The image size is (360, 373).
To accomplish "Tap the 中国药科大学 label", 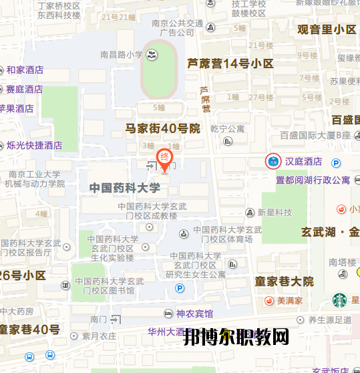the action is click(x=125, y=189).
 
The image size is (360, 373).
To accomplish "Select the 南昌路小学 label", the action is click(x=121, y=55).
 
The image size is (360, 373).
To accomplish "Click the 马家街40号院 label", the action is click(x=163, y=128).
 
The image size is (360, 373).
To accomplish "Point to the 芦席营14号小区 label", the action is click(x=230, y=64).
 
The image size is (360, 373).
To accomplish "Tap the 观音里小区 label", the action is click(x=327, y=29).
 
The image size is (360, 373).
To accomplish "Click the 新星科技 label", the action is click(x=275, y=213).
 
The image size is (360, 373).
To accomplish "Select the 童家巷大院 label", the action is click(x=284, y=281).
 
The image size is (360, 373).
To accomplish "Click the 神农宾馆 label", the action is click(x=194, y=313).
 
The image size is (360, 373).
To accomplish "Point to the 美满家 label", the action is click(x=291, y=301).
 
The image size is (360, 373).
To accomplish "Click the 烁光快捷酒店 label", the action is click(x=34, y=145).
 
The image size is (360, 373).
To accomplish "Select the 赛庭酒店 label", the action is click(x=25, y=89).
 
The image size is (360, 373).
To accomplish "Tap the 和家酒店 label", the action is click(x=25, y=70).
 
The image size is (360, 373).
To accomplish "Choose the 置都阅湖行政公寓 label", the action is click(x=313, y=180).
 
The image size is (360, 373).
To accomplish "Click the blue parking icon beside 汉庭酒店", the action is click(x=337, y=162).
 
